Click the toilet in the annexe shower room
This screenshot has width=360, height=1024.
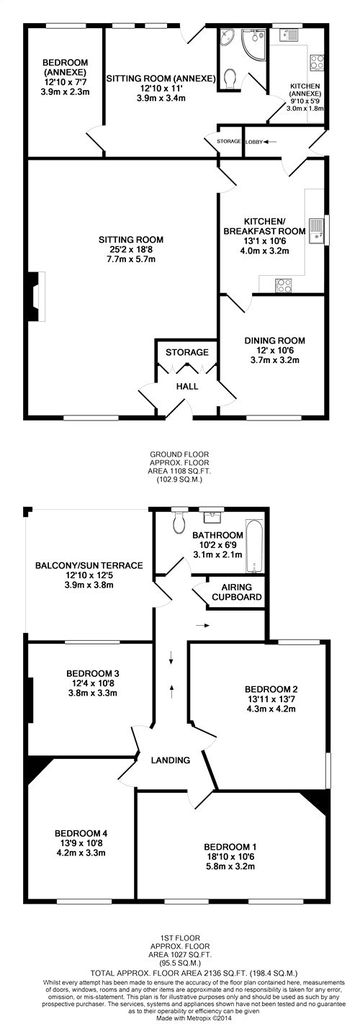tap(230, 78)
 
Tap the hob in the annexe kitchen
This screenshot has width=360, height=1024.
tap(317, 63)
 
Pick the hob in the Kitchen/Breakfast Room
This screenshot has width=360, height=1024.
tap(284, 286)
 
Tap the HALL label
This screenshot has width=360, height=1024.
tap(187, 386)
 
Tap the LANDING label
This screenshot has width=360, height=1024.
tap(171, 760)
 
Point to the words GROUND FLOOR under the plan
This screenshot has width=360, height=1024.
tap(179, 454)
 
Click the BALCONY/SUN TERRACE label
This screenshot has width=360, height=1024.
tap(89, 565)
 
